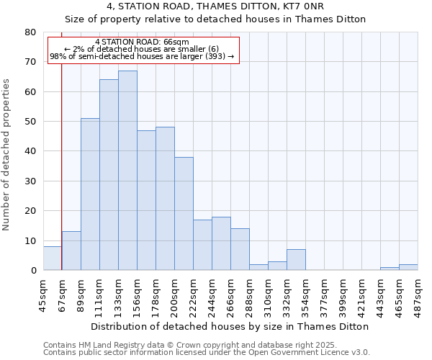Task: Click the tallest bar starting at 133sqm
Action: click(127, 171)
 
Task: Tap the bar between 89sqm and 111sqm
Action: click(90, 194)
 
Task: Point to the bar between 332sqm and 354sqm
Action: click(296, 260)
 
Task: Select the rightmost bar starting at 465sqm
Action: click(408, 267)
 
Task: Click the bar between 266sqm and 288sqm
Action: click(240, 249)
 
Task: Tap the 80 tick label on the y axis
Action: click(30, 32)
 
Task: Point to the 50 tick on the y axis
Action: click(30, 122)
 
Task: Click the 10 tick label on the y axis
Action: click(30, 241)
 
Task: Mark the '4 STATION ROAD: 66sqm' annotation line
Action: click(142, 42)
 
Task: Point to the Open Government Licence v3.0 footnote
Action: click(207, 353)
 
